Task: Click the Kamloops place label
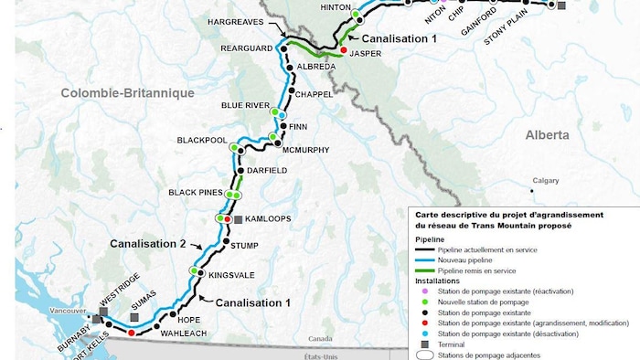click(269, 220)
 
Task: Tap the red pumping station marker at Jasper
click(344, 50)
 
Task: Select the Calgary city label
click(546, 181)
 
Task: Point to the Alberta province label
click(547, 134)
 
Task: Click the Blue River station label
click(246, 105)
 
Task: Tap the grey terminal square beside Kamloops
click(238, 220)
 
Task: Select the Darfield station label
click(268, 171)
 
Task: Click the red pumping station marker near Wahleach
click(132, 334)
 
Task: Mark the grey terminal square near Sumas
click(134, 317)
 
